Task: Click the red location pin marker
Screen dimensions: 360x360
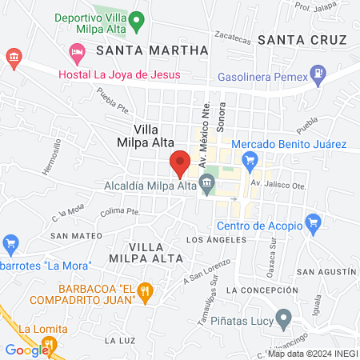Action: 180,162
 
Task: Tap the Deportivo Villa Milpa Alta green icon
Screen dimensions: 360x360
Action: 137,21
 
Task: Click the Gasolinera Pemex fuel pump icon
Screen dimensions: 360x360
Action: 318,74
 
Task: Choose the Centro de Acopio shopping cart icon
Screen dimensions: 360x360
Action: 313,222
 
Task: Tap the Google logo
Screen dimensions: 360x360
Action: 26,350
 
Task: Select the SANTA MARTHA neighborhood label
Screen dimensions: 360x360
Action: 151,50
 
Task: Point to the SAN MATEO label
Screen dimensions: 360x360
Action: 76,236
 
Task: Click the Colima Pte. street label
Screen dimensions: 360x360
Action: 120,212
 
